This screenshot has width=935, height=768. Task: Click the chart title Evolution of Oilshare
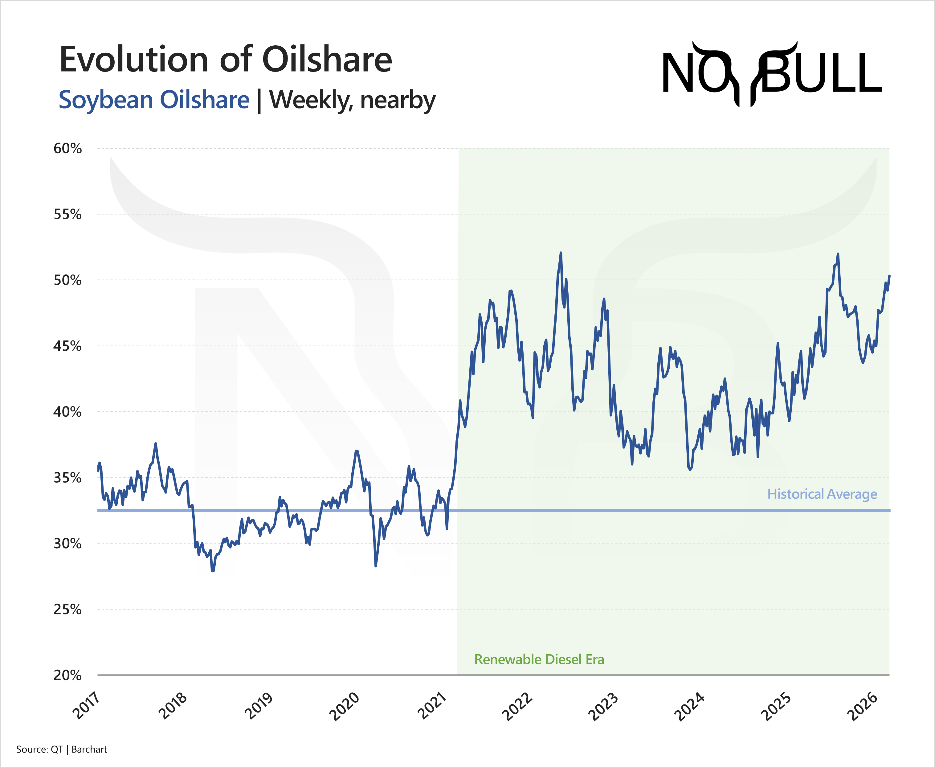pos(226,60)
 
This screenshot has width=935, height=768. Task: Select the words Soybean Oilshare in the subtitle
pos(154,100)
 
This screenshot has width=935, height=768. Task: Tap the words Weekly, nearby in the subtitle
pos(352,100)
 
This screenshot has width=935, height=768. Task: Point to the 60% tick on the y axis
pos(67,149)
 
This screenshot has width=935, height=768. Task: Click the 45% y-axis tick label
pos(67,346)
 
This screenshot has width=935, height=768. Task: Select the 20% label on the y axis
pos(67,675)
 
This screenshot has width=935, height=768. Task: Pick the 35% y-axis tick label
pos(67,478)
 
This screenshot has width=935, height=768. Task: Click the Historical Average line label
pos(822,494)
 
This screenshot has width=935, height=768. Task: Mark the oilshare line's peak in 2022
pos(561,253)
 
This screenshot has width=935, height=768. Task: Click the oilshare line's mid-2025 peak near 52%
pos(838,254)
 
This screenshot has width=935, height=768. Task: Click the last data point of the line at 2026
pos(889,276)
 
